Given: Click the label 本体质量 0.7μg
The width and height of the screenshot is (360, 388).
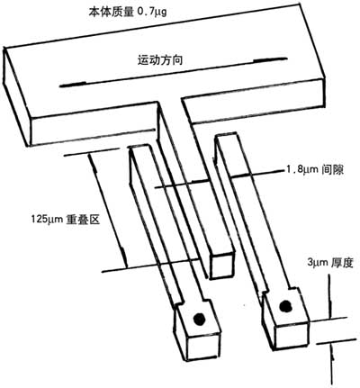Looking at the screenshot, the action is click(x=128, y=12).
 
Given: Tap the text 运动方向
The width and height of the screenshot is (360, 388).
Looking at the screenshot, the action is click(x=160, y=60).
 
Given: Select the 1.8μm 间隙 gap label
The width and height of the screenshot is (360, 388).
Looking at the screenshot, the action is click(x=314, y=170).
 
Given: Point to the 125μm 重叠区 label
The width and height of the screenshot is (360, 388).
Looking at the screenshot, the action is click(x=66, y=220).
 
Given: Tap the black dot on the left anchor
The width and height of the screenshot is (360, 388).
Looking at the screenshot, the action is click(x=199, y=319).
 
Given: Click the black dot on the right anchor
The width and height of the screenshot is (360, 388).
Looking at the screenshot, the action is click(x=285, y=306).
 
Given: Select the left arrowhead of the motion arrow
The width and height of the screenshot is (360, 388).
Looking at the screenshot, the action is click(x=73, y=85).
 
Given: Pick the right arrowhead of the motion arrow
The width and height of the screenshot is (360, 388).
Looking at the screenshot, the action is click(x=271, y=59).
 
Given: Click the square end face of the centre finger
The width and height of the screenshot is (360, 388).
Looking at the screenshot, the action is click(x=221, y=265).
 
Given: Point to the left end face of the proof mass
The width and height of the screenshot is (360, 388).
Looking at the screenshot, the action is click(x=17, y=96).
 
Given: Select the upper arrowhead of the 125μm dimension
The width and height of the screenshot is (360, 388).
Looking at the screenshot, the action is click(x=94, y=165).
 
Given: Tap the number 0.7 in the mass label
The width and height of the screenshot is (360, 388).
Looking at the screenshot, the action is click(x=146, y=12).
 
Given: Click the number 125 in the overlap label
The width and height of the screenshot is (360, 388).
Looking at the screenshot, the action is click(x=39, y=220).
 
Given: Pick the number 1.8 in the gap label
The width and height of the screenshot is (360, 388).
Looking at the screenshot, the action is click(x=292, y=170).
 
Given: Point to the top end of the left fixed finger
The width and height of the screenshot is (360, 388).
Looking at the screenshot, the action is click(x=139, y=148).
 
